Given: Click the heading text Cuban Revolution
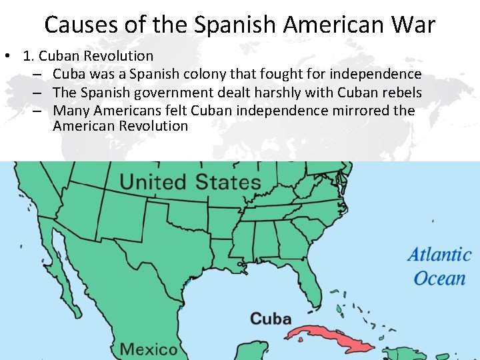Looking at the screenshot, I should (96, 56).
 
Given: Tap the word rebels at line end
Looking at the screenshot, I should (400, 92).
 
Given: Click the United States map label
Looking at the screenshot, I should (190, 182).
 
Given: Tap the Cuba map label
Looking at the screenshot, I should (270, 319).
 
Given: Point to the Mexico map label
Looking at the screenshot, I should (149, 349).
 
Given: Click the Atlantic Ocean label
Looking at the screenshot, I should (439, 266).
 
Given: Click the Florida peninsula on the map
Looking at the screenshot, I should (309, 273).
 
